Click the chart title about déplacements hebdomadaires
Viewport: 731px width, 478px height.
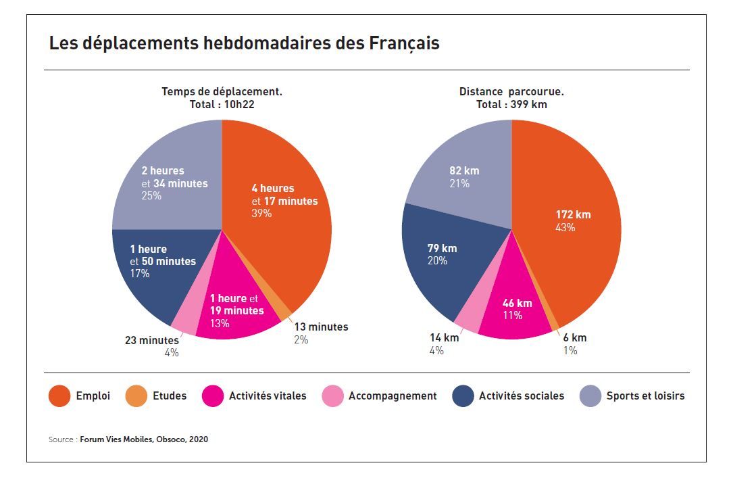tap(244, 43)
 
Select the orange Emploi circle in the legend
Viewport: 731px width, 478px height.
tap(59, 396)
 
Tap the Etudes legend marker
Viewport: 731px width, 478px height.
tap(136, 396)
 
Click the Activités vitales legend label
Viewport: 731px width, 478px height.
tap(267, 396)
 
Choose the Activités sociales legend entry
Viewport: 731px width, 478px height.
tap(521, 396)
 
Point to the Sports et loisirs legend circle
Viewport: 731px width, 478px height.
tap(590, 396)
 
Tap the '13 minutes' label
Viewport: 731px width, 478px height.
tap(321, 327)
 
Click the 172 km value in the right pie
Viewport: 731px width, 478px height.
tap(573, 215)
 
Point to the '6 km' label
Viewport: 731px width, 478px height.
tap(575, 338)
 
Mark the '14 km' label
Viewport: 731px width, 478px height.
tap(444, 338)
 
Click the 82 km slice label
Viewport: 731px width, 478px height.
tap(464, 171)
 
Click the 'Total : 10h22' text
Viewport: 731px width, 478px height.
tap(222, 104)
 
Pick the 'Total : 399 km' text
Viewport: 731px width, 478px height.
tap(511, 104)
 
